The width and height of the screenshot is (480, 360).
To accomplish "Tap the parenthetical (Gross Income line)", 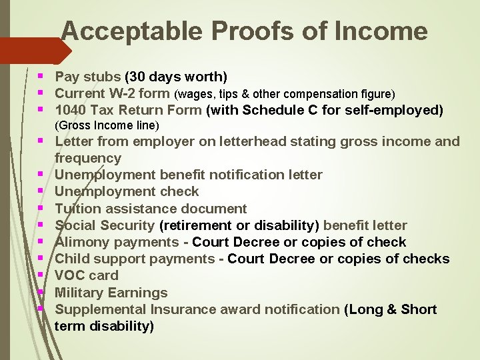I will [x=107, y=125].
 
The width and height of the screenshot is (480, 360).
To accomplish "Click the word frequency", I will [x=88, y=158].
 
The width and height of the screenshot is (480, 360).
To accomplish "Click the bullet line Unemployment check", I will [x=127, y=191].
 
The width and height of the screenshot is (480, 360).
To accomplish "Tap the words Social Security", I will [x=105, y=225].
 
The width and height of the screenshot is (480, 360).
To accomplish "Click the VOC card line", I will [x=86, y=275].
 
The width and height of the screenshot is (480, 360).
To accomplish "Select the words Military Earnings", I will [x=111, y=292].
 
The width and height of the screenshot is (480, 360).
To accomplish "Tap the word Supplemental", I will [x=101, y=309].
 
